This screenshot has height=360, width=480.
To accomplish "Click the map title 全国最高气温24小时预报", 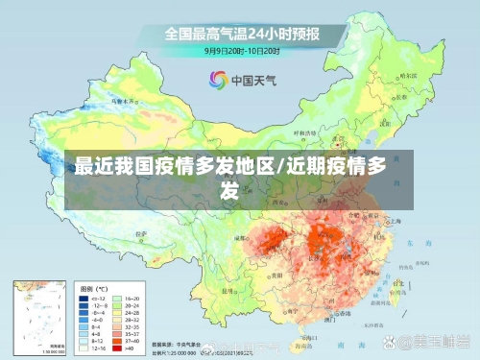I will coord(241,34).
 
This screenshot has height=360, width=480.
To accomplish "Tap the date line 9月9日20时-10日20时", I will coord(241,50).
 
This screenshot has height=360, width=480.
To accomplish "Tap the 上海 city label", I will coord(396,221).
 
